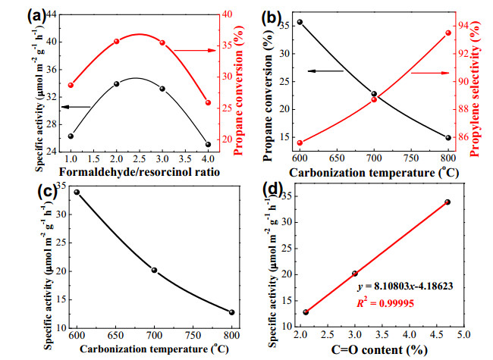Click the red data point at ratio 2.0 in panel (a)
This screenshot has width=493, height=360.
coord(117,42)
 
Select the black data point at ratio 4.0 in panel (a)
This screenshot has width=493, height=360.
coord(208,145)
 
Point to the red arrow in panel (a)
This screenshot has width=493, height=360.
coord(195,50)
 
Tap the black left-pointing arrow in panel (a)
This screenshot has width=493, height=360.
coord(76,107)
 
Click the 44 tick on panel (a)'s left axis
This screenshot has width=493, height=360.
coord(52,14)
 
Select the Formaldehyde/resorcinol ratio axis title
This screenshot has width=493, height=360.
coord(140,172)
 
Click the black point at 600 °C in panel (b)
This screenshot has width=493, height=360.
coord(300,22)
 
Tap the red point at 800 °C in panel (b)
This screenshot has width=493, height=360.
coord(449,33)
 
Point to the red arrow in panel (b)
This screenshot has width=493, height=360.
coord(431,73)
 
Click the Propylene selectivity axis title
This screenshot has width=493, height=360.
coord(475,89)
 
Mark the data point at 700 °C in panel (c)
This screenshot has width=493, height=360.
coord(154,270)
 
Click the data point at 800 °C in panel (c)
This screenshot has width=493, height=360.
coord(232,312)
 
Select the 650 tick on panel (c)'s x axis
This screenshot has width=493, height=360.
coord(115,336)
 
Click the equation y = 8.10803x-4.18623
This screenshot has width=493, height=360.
coord(405,286)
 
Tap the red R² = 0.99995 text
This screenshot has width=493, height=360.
coord(385,303)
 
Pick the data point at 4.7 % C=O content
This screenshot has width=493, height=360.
coord(447,202)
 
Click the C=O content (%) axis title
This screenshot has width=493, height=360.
coord(379,349)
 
